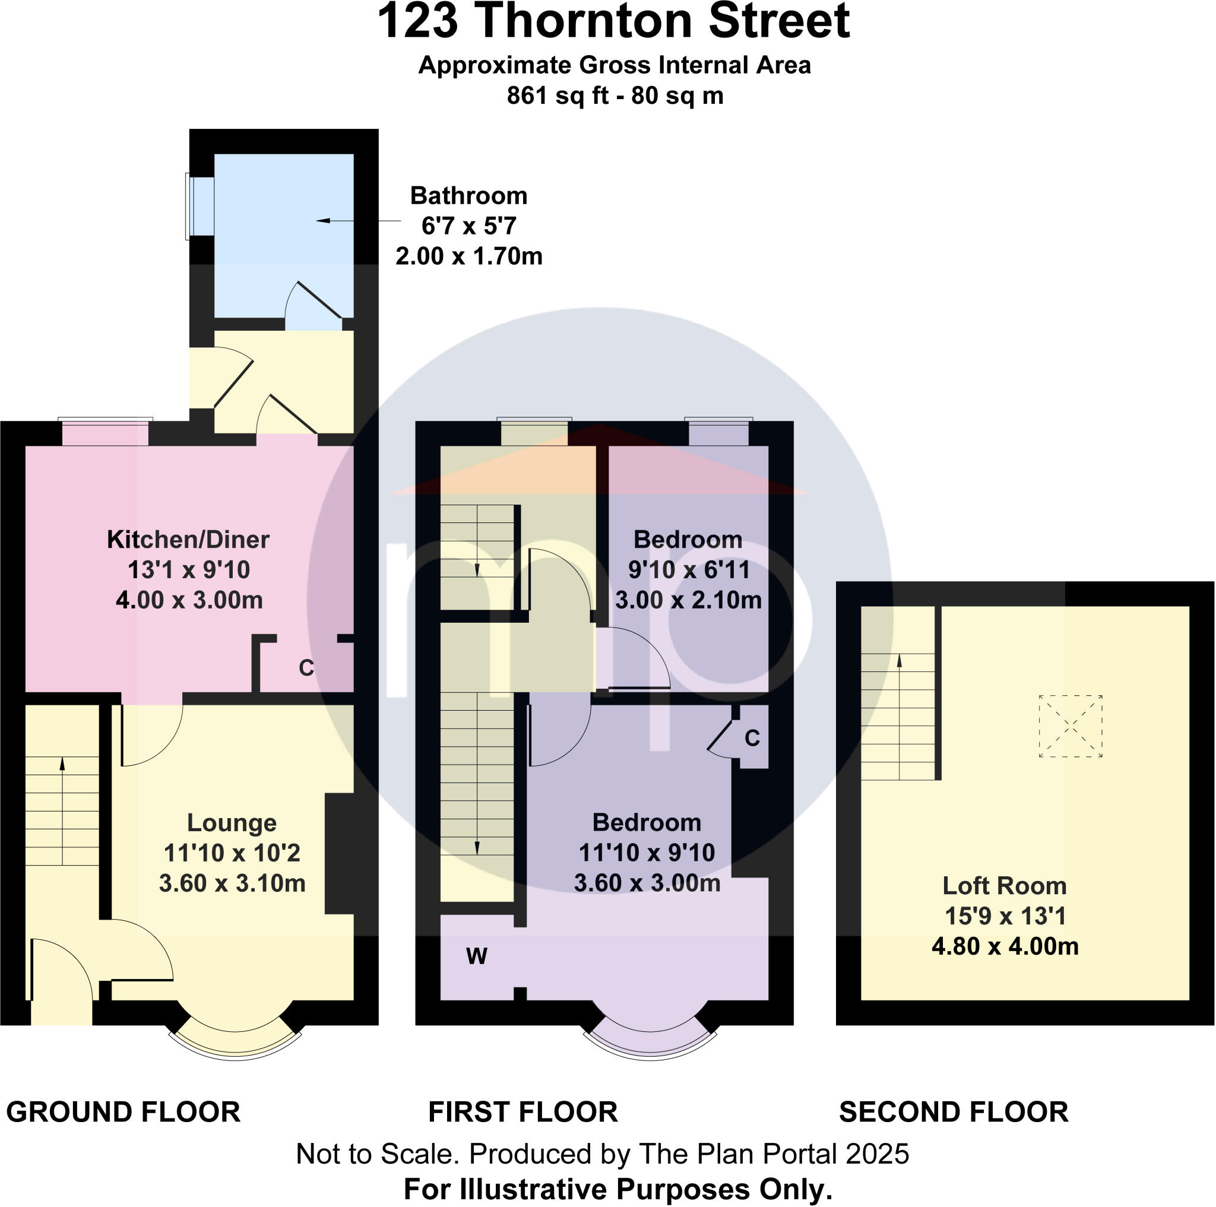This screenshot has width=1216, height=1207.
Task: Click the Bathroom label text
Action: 468,197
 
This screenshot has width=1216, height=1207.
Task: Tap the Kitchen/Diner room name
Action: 188,540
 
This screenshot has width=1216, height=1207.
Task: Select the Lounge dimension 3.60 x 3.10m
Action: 232,883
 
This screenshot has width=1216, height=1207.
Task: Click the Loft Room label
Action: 1005,886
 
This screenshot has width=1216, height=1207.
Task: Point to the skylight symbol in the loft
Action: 1070,726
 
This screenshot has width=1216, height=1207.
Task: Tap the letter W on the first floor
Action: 476,956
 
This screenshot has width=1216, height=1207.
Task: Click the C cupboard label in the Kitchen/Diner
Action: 306,668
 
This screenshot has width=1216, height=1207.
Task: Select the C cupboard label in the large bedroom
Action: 752,738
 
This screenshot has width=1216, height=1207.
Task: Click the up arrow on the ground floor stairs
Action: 62,763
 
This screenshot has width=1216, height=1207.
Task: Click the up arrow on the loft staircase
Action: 899,661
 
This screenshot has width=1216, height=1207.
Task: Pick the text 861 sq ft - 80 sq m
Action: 615,96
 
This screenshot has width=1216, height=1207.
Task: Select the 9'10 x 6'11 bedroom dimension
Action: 689,570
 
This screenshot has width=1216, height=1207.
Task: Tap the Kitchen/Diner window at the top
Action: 106,433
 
